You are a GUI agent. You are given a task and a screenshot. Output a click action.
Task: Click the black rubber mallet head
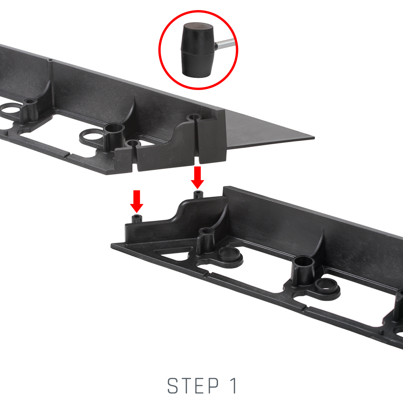[x=197, y=50]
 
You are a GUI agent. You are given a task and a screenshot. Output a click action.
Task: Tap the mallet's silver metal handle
[x=225, y=44]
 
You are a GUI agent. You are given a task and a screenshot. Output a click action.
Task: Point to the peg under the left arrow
[x=137, y=219]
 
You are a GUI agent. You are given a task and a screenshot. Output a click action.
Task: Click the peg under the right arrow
[x=198, y=194]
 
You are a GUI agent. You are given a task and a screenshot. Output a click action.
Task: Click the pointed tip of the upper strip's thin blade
[x=314, y=138]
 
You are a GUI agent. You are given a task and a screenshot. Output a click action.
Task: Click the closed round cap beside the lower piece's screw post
[x=230, y=256]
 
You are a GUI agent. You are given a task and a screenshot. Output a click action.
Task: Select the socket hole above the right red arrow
[x=193, y=118]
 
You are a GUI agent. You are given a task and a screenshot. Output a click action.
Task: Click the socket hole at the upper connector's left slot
[x=132, y=144]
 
